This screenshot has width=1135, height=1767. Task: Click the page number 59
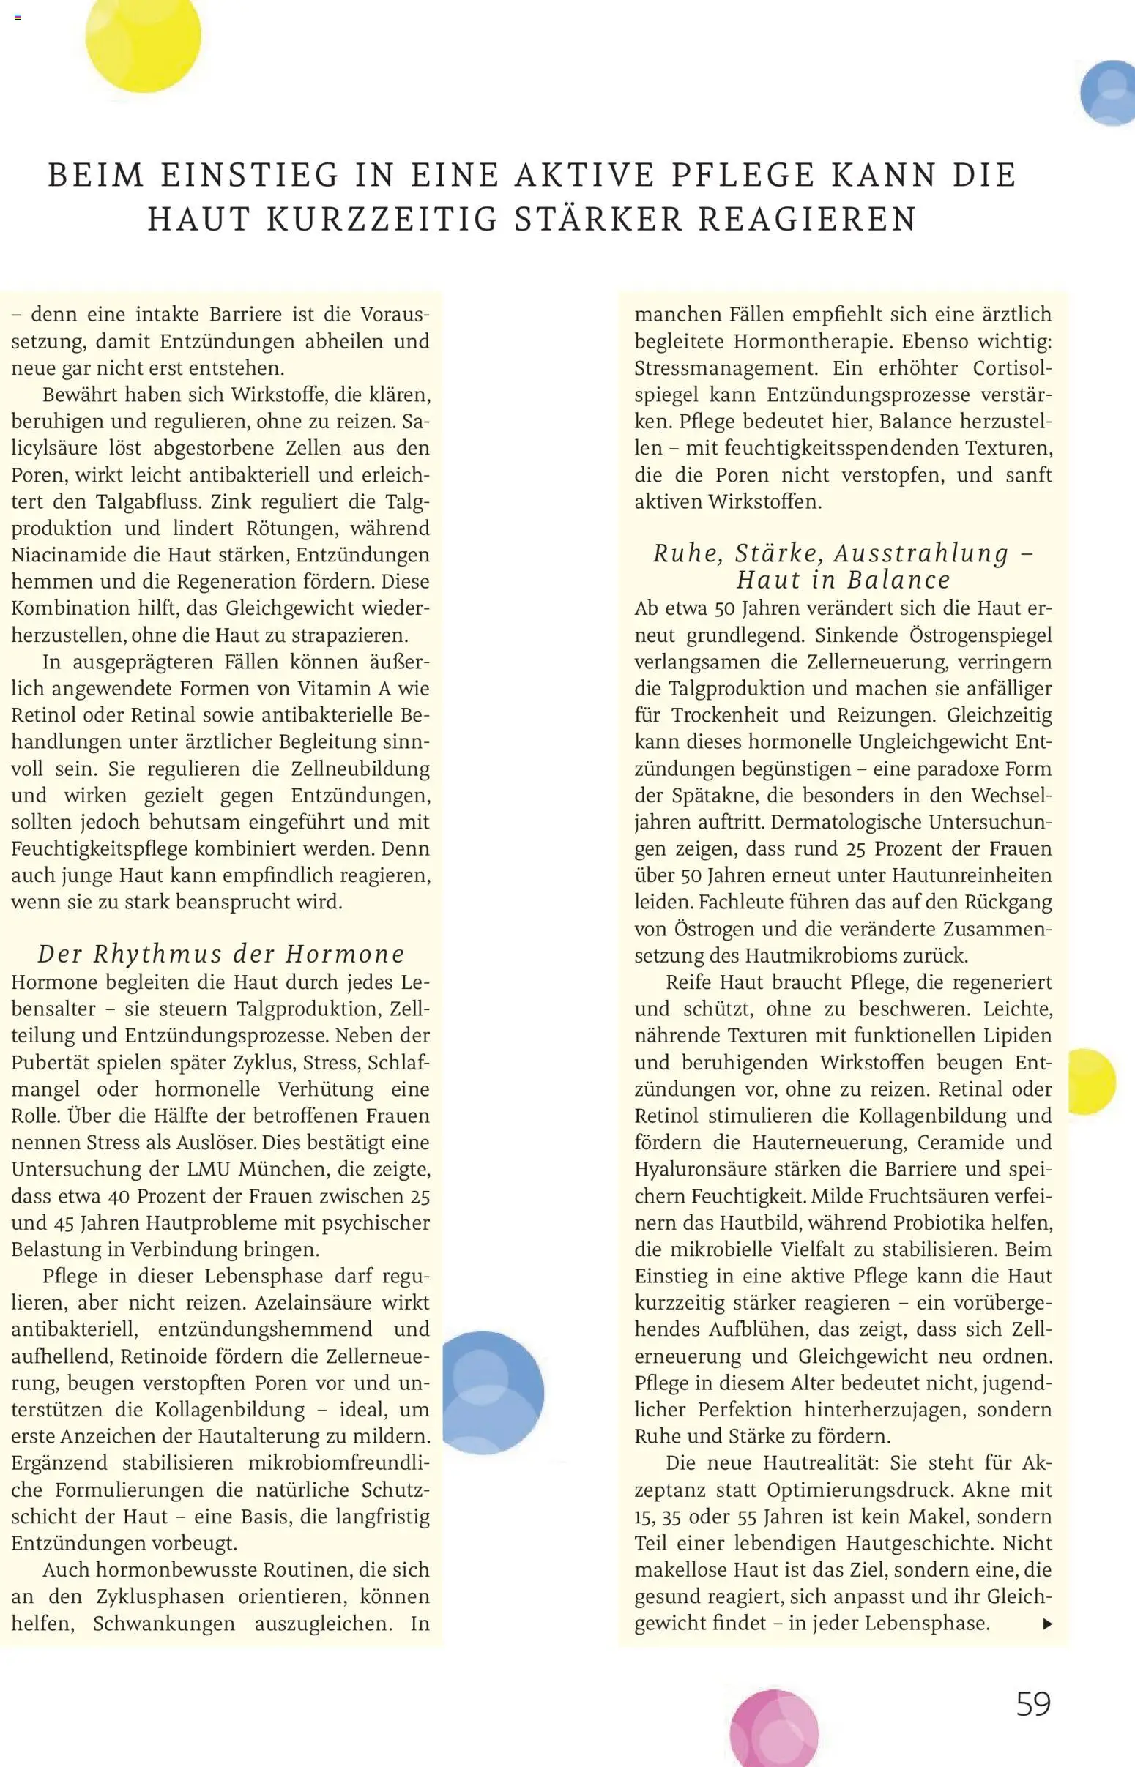pyautogui.click(x=1033, y=1703)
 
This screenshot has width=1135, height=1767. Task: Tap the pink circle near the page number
pyautogui.click(x=774, y=1730)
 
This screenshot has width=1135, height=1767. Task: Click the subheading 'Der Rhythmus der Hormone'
pyautogui.click(x=221, y=954)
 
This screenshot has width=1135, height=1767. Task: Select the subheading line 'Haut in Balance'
pyautogui.click(x=843, y=580)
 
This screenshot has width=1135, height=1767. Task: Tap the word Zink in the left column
pyautogui.click(x=231, y=501)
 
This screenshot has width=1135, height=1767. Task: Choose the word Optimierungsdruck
pyautogui.click(x=861, y=1490)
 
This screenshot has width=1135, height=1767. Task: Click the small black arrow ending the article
pyautogui.click(x=1047, y=1624)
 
